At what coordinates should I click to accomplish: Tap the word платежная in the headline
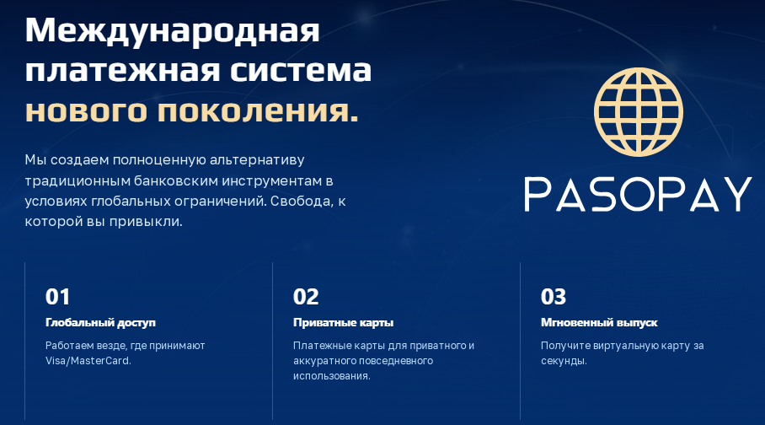[122, 70]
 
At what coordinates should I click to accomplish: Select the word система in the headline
[301, 70]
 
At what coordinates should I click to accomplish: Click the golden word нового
[86, 111]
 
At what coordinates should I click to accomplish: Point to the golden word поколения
[258, 111]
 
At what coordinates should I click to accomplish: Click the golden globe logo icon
[638, 112]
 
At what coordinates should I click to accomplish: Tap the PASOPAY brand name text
[638, 194]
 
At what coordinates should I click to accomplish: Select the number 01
[57, 297]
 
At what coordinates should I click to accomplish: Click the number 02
[306, 297]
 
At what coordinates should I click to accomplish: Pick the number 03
[554, 297]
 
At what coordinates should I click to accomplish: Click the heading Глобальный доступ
[100, 322]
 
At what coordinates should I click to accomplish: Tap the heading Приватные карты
[344, 322]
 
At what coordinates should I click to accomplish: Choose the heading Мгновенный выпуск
[599, 322]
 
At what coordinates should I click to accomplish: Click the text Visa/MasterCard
[88, 361]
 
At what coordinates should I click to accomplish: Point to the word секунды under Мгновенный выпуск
[564, 361]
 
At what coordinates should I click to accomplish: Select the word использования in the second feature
[332, 376]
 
